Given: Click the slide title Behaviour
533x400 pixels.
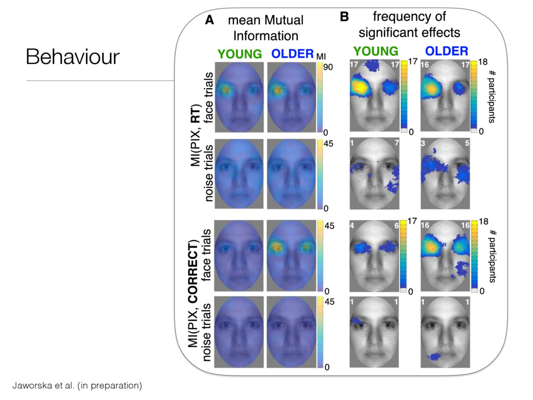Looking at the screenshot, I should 72,57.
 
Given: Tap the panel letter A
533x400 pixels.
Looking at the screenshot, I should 209,20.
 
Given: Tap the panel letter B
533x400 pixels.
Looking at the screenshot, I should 344,17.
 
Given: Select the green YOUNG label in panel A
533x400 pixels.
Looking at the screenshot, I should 239,54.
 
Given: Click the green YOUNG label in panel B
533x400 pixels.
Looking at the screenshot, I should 375,51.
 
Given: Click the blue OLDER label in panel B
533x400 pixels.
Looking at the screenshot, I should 447,51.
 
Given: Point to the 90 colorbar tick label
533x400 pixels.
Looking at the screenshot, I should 328,67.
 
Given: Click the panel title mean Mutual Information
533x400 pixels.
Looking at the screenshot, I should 265,28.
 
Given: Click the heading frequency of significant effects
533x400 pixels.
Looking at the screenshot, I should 409,24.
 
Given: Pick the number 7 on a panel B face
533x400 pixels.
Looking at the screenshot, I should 397,143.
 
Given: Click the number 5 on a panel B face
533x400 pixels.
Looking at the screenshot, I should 466,143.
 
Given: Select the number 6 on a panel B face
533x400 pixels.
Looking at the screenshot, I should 396,226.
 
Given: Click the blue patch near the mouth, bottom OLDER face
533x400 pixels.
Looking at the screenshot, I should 433,356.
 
